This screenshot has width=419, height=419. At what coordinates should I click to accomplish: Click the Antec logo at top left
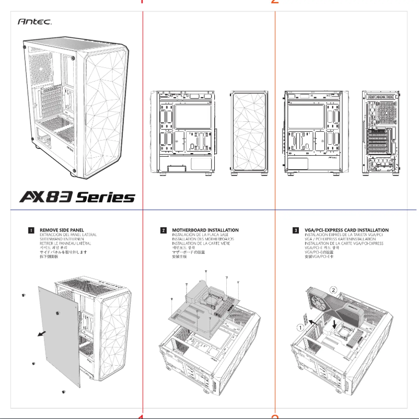[x=34, y=22]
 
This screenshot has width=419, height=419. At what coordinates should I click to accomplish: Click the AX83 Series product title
[x=77, y=197]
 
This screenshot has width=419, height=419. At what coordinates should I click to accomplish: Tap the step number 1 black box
[x=31, y=230]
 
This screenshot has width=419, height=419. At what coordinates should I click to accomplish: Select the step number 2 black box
[x=164, y=230]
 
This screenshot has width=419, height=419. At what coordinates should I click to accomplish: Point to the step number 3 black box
[x=296, y=230]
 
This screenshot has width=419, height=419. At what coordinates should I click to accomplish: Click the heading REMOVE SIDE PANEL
[x=62, y=230]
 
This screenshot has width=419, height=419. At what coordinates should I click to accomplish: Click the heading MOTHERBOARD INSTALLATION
[x=205, y=230]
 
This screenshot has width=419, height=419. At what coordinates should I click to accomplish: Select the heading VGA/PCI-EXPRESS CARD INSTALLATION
[x=346, y=230]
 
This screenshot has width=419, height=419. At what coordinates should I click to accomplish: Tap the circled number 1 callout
[x=300, y=328]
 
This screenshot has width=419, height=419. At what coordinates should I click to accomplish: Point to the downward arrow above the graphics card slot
[x=334, y=324]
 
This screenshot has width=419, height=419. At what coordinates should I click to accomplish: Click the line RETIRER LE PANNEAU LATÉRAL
[x=65, y=243]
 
